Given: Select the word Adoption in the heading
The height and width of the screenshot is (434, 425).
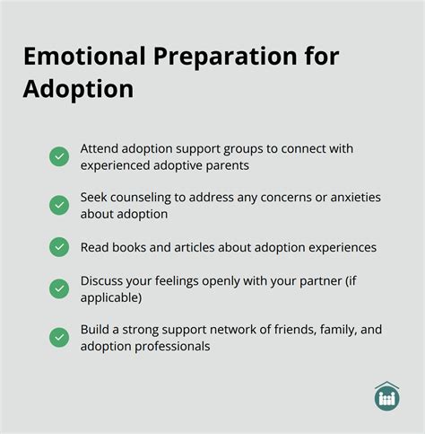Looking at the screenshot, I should pos(78,90).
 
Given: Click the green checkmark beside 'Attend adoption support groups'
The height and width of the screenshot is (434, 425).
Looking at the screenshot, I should pos(59,156).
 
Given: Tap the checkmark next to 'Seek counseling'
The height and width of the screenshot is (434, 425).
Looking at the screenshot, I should pos(59,206).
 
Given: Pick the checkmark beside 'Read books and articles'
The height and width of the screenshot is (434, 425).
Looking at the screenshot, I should pos(59,246).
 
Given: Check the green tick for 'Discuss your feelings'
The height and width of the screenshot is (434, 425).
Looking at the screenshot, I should pos(59,288).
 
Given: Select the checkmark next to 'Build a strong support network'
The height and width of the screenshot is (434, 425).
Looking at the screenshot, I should pos(59,337).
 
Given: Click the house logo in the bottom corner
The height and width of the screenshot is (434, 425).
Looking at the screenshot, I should pos(387,396).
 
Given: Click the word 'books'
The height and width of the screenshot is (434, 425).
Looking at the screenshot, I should pos(130,247).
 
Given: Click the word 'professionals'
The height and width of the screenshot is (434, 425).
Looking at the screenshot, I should pos(171,346).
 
